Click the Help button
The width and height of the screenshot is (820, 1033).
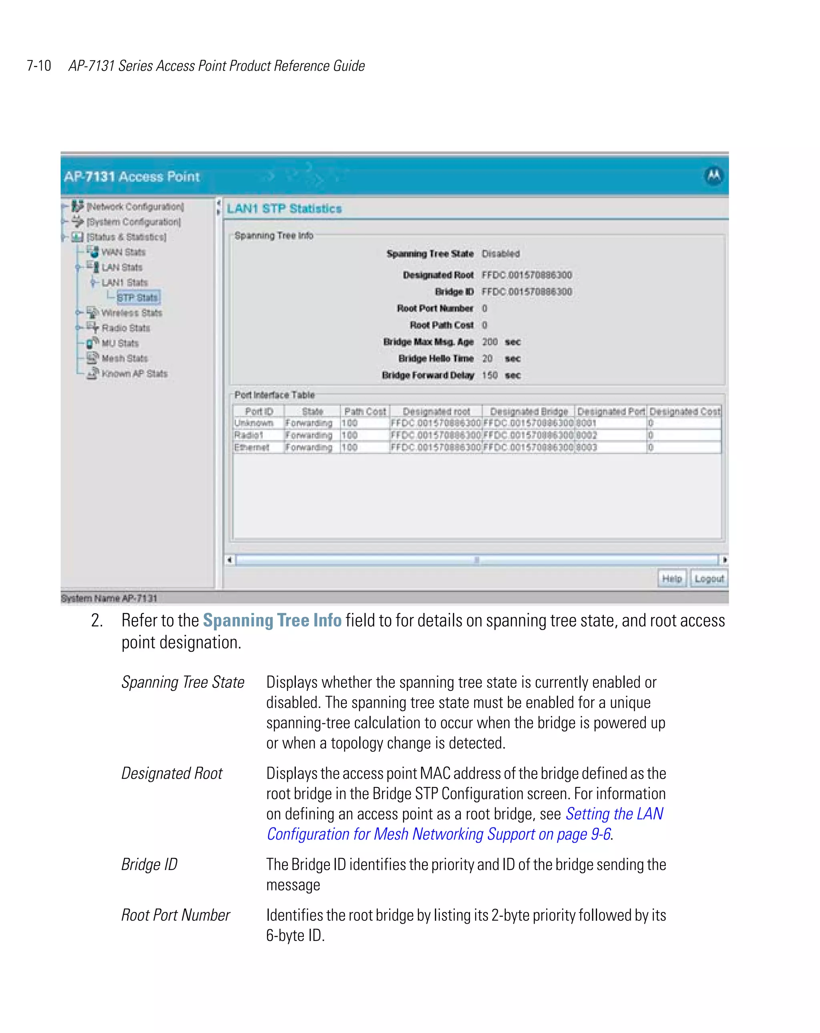pyautogui.click(x=671, y=578)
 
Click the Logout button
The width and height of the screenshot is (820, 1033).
pyautogui.click(x=708, y=578)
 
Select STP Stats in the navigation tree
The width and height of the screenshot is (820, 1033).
pyautogui.click(x=137, y=298)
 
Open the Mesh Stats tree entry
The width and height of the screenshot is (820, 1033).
pyautogui.click(x=124, y=358)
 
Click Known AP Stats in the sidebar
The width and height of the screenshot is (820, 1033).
pyautogui.click(x=134, y=374)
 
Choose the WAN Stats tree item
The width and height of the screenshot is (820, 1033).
pyautogui.click(x=123, y=252)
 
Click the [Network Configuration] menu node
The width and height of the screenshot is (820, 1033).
pyautogui.click(x=135, y=207)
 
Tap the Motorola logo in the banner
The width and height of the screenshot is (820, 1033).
pyautogui.click(x=713, y=175)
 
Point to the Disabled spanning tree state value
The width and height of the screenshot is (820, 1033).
pyautogui.click(x=500, y=254)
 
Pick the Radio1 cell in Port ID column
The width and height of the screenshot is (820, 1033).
pyautogui.click(x=249, y=435)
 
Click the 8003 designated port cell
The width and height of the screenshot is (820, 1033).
pyautogui.click(x=586, y=447)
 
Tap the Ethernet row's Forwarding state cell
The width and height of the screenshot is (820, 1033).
pyautogui.click(x=308, y=447)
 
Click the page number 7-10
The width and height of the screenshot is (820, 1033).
pyautogui.click(x=39, y=66)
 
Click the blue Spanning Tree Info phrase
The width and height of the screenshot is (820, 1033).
pyautogui.click(x=272, y=620)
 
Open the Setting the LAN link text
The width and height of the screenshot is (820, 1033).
pyautogui.click(x=614, y=814)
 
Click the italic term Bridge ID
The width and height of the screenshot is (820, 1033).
pyautogui.click(x=149, y=864)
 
